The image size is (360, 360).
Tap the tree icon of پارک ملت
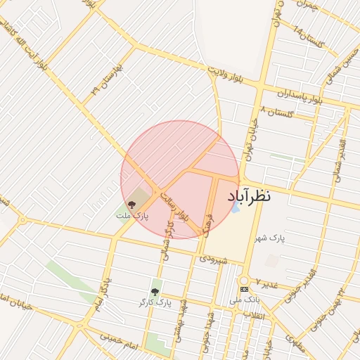click(x=131, y=205)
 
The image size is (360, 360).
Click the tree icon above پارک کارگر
click(x=155, y=291)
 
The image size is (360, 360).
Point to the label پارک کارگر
click(x=155, y=302)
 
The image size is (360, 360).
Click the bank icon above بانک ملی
click(x=244, y=289)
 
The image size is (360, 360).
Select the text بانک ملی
click(x=245, y=300)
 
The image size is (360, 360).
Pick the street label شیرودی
click(x=213, y=259)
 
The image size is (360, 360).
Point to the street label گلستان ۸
click(x=276, y=112)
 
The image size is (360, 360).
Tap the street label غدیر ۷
click(x=266, y=283)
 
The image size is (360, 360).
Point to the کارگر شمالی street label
click(x=168, y=241)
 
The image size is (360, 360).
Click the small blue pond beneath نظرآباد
click(x=236, y=208)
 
